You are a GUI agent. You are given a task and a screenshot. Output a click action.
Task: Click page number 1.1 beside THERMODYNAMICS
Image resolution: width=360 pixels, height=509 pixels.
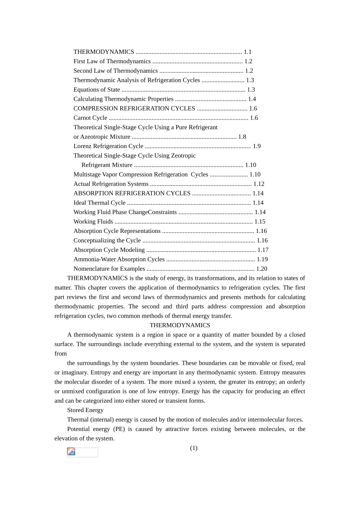point(247,52)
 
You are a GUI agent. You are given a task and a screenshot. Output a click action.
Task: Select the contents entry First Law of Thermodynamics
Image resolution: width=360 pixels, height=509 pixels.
point(112,61)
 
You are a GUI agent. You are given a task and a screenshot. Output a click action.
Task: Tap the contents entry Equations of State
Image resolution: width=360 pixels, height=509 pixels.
point(97,90)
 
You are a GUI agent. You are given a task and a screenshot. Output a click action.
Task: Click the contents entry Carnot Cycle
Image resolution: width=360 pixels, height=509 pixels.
point(90,118)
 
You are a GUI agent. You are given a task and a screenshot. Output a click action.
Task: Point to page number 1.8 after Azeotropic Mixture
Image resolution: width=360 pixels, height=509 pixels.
point(242,137)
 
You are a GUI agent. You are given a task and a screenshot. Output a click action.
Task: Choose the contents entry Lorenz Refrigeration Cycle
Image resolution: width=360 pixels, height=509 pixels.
point(108,146)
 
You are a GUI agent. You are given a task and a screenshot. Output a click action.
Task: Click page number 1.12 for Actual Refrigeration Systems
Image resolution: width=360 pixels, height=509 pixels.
point(259,184)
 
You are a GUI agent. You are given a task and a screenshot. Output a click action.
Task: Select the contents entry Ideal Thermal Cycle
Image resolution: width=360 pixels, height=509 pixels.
point(99,203)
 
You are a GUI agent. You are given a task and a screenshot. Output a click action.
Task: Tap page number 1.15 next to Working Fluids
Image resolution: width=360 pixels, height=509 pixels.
point(260,222)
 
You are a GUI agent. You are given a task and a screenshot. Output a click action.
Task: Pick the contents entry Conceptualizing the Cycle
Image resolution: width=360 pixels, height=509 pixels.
point(107,240)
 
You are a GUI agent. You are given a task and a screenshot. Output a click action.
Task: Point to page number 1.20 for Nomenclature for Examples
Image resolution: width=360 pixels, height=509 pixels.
point(262,269)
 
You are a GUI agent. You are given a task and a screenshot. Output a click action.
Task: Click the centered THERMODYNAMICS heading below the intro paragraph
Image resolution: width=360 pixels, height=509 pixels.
point(180,325)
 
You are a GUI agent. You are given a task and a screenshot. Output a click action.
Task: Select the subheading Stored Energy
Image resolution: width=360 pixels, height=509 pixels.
point(85,410)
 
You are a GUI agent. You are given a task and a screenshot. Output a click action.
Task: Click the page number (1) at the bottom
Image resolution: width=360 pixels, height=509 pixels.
point(194,448)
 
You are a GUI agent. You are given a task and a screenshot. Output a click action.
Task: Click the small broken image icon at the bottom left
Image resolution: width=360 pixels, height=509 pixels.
point(71,451)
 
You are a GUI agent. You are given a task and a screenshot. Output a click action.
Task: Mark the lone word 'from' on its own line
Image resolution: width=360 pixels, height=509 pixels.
point(61,354)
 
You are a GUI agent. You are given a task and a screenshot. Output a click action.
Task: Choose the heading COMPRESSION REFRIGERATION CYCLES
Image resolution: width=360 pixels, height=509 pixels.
point(134,109)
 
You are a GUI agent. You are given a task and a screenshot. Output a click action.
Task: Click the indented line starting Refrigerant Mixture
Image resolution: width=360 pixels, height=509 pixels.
point(107,165)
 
